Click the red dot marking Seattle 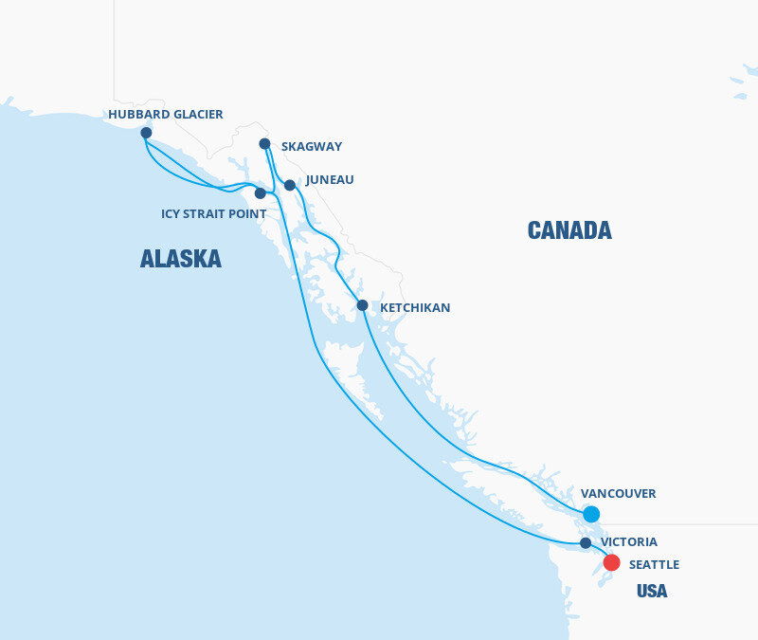click(612, 563)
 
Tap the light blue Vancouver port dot click(591, 514)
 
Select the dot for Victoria click(586, 543)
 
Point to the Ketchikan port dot click(362, 305)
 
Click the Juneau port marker click(290, 186)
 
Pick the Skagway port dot click(265, 144)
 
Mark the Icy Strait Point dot click(261, 193)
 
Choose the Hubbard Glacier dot click(146, 133)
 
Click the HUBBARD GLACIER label click(166, 115)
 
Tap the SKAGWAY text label click(312, 147)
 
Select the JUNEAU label click(330, 179)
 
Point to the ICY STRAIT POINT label click(213, 214)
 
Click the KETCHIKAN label click(415, 308)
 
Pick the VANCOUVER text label click(618, 494)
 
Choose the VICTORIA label click(629, 542)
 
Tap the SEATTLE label click(654, 565)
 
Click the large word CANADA click(569, 230)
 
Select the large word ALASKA click(181, 259)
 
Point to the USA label click(652, 592)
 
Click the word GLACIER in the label click(196, 115)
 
